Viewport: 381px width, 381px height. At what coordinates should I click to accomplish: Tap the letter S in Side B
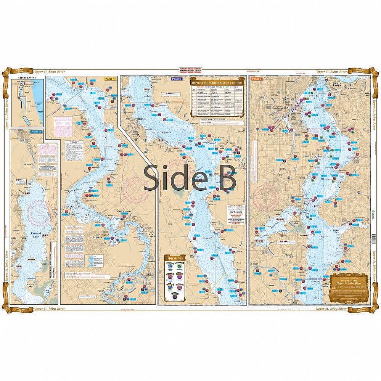tap(152, 178)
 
